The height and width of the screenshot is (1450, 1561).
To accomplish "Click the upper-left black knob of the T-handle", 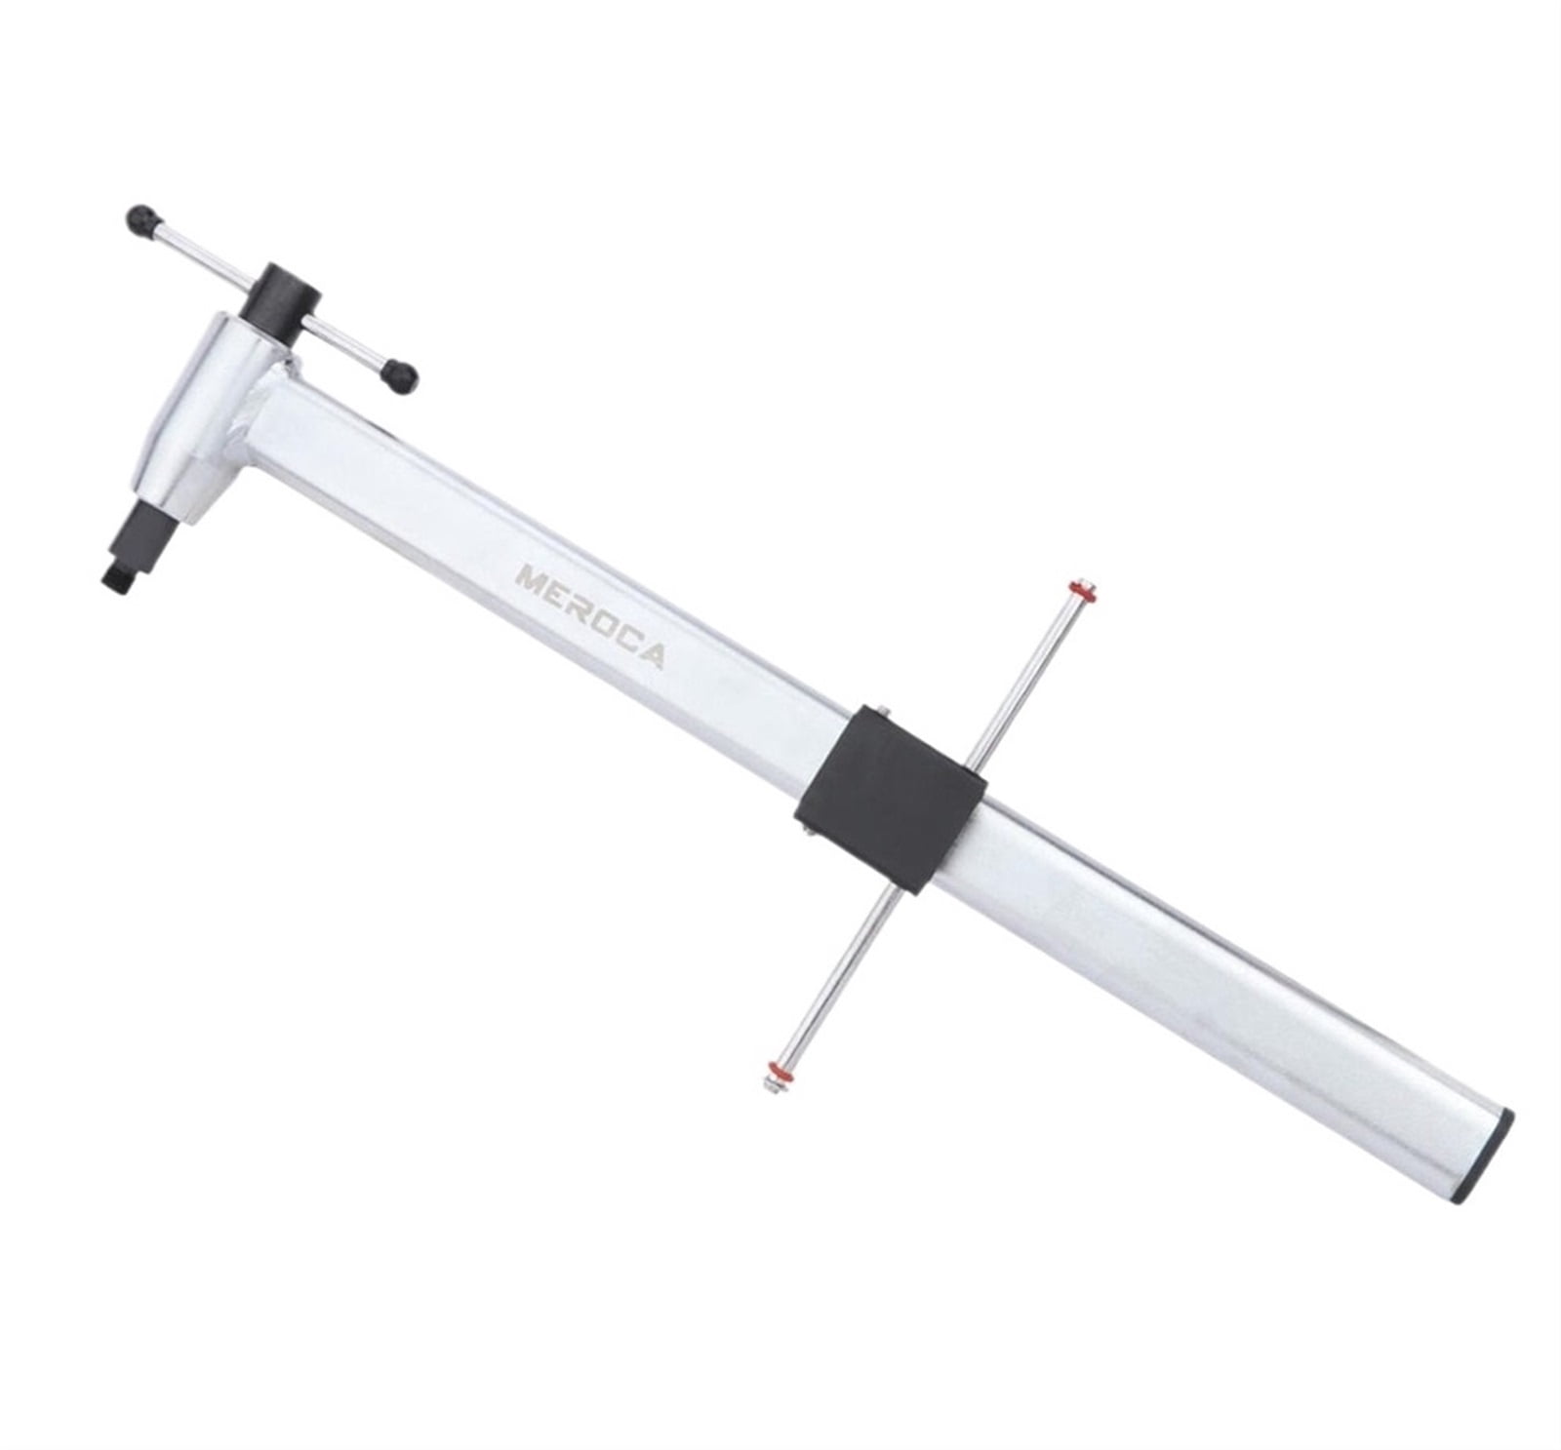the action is pos(142,220).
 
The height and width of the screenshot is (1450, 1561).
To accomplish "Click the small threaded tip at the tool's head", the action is pos(115,575).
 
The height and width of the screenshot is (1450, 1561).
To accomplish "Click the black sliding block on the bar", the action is pos(892,795).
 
